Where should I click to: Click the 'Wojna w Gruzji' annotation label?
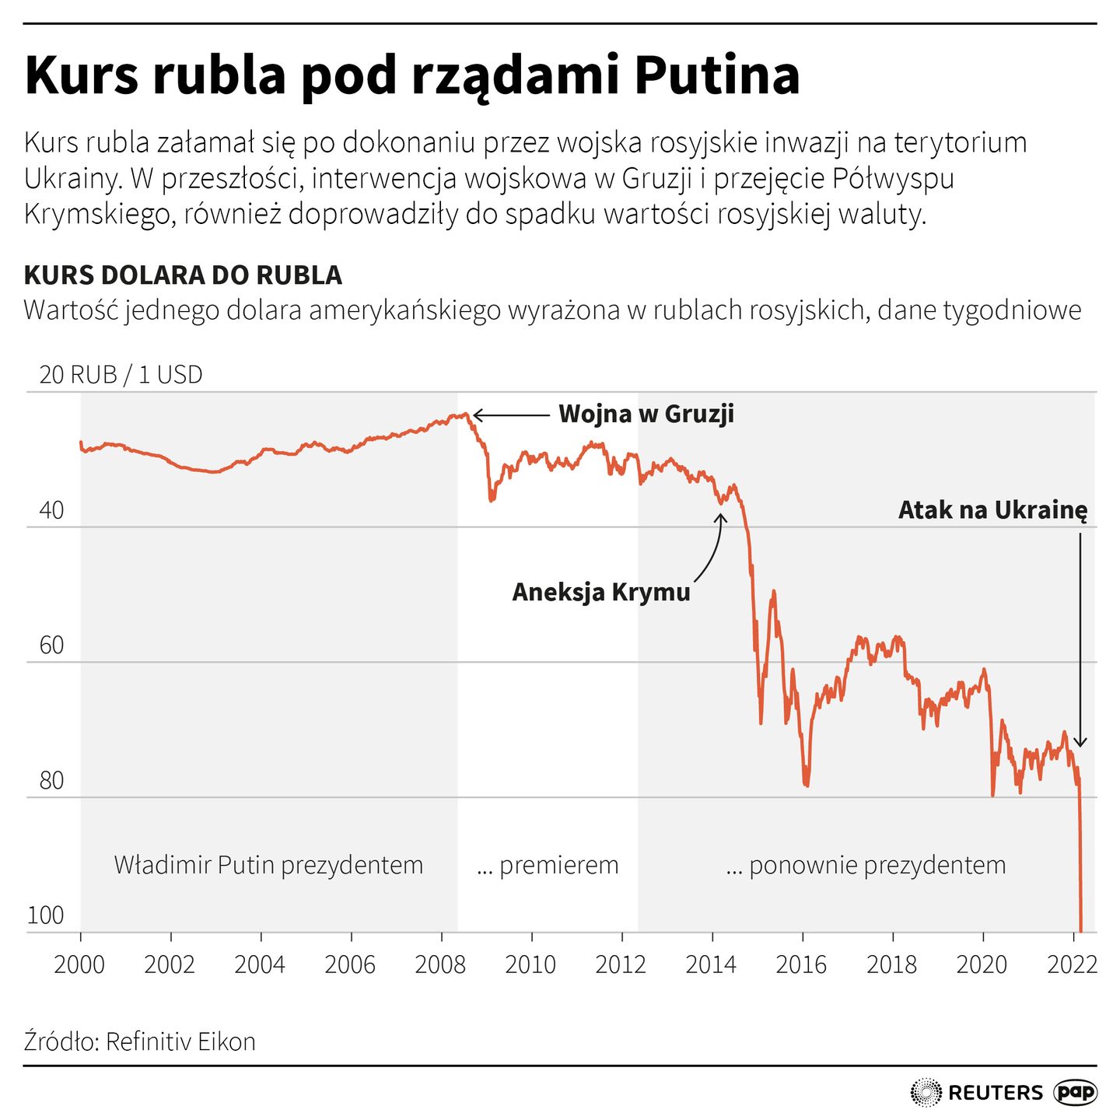[x=646, y=414]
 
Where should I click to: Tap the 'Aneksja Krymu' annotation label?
[x=600, y=592]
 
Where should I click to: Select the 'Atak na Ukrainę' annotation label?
[x=992, y=510]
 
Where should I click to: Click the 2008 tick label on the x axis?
[x=440, y=965]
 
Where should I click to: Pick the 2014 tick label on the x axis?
[x=711, y=965]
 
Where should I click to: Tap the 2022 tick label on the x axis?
[x=1072, y=965]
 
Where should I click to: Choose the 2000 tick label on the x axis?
[x=79, y=965]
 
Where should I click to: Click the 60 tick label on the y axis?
[x=51, y=646]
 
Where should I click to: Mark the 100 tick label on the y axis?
[x=46, y=915]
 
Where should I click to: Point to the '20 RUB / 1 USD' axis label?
[x=121, y=375]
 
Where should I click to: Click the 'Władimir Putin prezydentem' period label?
[x=268, y=865]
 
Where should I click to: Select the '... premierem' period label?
[x=548, y=865]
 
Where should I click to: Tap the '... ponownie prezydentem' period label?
[x=866, y=865]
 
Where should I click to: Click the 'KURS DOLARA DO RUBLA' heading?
[x=183, y=275]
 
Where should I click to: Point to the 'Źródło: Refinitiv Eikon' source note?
[x=140, y=1041]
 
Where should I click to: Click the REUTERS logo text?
[x=996, y=1093]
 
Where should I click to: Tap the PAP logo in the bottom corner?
[x=1076, y=1093]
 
